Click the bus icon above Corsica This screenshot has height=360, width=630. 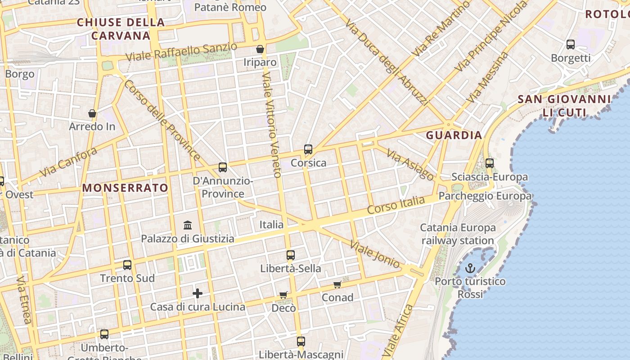pos(308,149)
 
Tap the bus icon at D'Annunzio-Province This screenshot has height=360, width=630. pos(223,167)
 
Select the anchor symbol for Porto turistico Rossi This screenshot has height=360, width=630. pos(470,269)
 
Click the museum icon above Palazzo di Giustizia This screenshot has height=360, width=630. pos(188,225)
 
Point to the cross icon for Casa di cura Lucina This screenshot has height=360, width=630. pos(198,293)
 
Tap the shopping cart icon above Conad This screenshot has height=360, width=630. pos(337,284)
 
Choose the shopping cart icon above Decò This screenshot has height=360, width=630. pos(283,295)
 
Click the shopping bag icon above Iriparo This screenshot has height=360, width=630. pos(260,49)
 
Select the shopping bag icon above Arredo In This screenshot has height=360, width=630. pos(92,113)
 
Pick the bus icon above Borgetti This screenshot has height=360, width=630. pos(571,45)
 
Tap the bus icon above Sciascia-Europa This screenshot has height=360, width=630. pos(490,163)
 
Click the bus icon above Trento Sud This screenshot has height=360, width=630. pos(127,265)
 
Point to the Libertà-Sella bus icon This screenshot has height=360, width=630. pos(291,255)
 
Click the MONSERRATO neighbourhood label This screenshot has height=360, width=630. pos(126,188)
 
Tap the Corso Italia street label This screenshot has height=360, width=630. pos(396,205)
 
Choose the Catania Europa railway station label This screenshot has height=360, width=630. pos(458,234)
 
